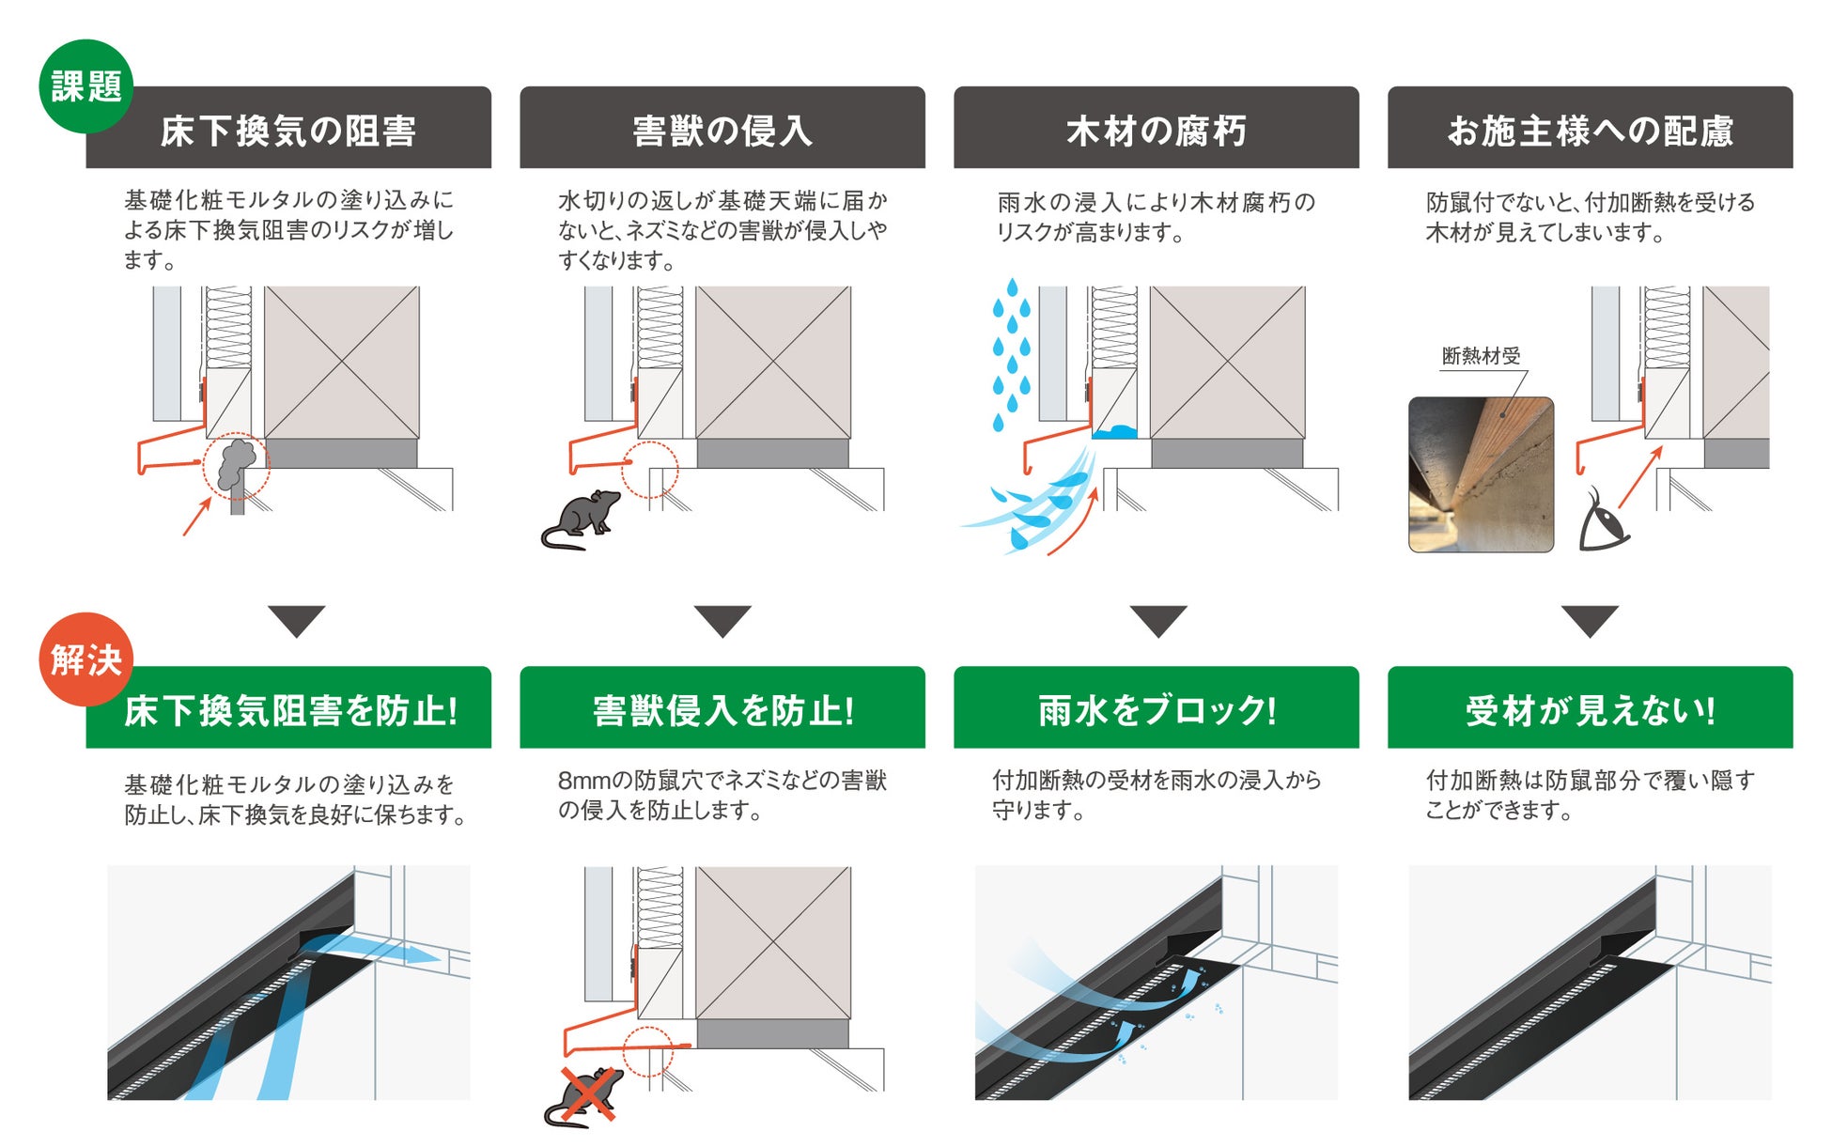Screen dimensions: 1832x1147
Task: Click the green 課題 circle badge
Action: (x=85, y=86)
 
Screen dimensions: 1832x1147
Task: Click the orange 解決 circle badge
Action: (x=85, y=659)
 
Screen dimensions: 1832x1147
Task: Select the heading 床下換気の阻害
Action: (x=287, y=130)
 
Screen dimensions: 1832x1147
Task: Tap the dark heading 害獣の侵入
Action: (x=722, y=130)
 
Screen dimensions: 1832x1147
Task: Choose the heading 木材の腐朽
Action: (x=1156, y=130)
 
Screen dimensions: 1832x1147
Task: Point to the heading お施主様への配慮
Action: (x=1590, y=130)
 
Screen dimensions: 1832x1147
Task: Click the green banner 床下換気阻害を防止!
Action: (x=287, y=709)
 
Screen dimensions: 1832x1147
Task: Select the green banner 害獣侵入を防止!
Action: (x=722, y=709)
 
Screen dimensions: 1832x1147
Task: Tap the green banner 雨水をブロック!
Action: (x=1156, y=709)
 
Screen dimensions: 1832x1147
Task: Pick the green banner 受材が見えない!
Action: (x=1590, y=709)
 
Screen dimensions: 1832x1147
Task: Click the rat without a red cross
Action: (x=581, y=519)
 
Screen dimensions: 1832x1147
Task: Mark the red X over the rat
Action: (x=587, y=1095)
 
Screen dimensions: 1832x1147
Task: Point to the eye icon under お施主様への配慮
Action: (x=1603, y=520)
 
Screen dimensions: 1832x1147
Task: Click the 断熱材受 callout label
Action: (x=1481, y=356)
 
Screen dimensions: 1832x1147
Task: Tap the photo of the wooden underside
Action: (x=1481, y=474)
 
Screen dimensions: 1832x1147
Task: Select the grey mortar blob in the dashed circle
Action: (x=236, y=464)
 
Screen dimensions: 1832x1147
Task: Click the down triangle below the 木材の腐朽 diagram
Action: (x=1157, y=621)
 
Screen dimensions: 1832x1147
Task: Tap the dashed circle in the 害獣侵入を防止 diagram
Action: (x=648, y=1051)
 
